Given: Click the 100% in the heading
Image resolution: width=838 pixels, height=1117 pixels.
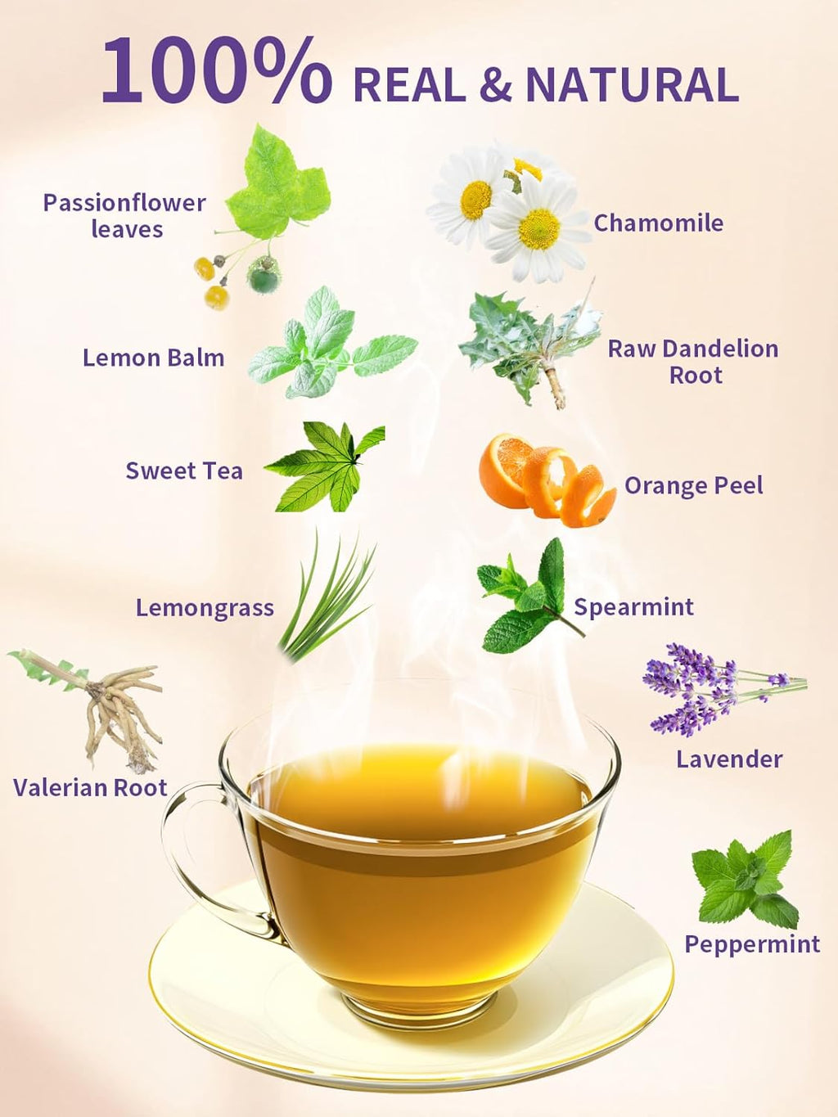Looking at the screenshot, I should pos(216,71).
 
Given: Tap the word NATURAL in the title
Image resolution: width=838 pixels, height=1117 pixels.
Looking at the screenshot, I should pos(632,85).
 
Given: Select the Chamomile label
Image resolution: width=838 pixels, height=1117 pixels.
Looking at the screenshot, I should pos(658,223).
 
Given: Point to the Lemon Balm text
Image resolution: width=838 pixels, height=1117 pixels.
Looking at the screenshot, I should pos(153,358).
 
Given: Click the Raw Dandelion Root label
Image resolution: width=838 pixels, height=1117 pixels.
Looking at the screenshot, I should pos(692,362).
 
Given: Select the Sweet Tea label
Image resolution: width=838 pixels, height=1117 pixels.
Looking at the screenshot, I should pos(184,471).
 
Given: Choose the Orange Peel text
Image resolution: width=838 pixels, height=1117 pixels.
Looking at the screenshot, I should pos(693,485).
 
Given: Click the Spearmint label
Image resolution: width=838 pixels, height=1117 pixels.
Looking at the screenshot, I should pos(633,606).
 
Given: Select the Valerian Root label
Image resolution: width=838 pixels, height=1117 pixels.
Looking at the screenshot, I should pos(90,787).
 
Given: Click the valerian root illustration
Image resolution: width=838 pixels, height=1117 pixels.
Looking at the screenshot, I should pos(106,708).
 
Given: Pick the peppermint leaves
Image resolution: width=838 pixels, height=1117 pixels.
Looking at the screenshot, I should pos(745,880).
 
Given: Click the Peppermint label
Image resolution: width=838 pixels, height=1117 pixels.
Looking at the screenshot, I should pos(751,944).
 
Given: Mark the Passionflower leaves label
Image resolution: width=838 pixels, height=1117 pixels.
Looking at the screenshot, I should pos(124,215).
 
